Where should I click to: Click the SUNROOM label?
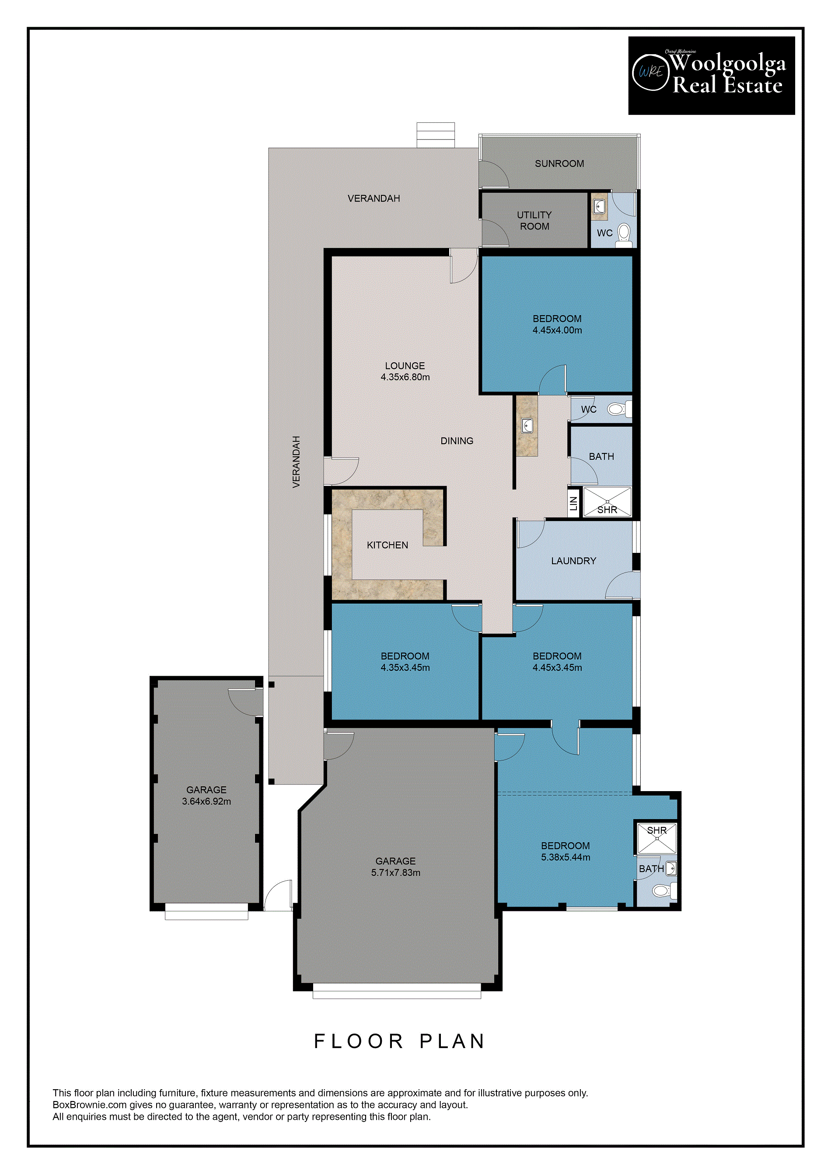[x=559, y=163]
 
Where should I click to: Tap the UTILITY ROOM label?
[x=534, y=220]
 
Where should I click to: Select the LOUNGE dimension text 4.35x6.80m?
[x=405, y=377]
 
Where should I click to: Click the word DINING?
[x=457, y=441]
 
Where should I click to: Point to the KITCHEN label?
[x=388, y=545]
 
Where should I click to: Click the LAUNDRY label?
[x=574, y=561]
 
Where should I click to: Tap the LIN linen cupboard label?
[x=574, y=503]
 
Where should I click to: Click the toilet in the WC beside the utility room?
[x=624, y=235]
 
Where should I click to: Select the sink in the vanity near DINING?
[x=527, y=425]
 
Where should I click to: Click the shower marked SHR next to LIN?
[x=608, y=502]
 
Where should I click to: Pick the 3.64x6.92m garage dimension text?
[x=206, y=801]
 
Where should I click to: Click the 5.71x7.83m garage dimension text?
[x=395, y=872]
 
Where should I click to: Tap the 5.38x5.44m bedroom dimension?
[x=566, y=857]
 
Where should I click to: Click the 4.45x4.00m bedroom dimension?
[x=557, y=330]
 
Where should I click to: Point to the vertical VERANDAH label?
[x=296, y=462]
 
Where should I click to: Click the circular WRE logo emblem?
[x=651, y=72]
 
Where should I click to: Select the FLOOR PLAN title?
[x=400, y=1041]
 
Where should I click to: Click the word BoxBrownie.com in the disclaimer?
[x=90, y=1105]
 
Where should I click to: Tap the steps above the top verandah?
[x=436, y=135]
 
